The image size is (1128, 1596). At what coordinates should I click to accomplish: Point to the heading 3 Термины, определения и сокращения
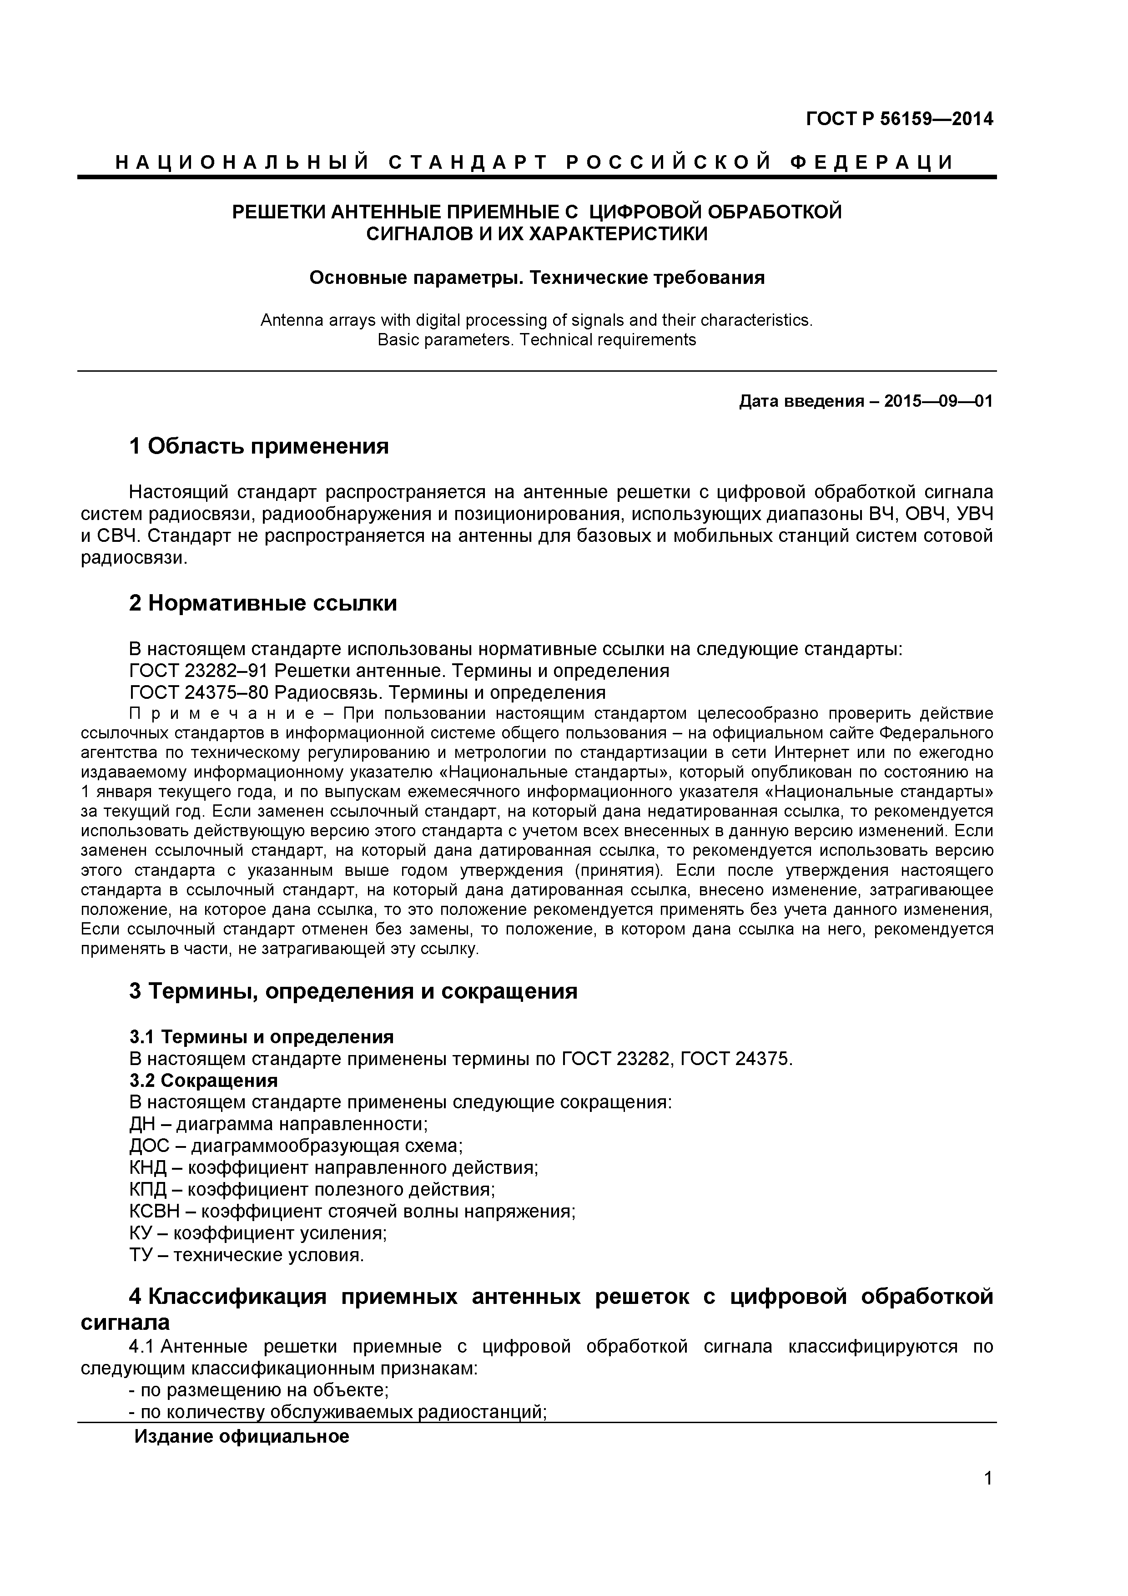click(x=353, y=990)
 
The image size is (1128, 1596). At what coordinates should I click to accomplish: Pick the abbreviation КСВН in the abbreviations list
click(x=154, y=1212)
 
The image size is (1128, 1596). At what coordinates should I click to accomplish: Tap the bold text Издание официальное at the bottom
click(x=241, y=1436)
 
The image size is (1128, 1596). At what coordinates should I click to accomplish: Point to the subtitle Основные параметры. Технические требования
click(x=537, y=278)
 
